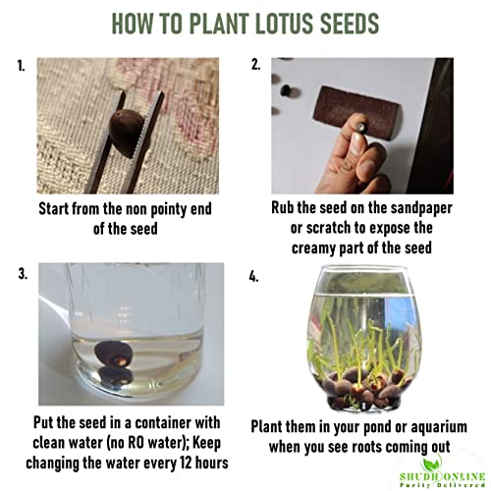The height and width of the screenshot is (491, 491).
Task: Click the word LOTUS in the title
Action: tap(283, 24)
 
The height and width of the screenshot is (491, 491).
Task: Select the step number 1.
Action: tap(21, 66)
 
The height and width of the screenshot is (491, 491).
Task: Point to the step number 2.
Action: tap(256, 65)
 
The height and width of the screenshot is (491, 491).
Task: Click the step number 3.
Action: tap(23, 274)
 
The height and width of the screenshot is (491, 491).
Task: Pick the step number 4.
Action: tap(253, 277)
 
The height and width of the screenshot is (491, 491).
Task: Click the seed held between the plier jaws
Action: tap(127, 133)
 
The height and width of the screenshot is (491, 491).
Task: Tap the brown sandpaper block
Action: tap(356, 111)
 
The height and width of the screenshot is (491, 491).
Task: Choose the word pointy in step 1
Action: tap(167, 209)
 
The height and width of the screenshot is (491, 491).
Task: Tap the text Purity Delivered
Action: tap(442, 485)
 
